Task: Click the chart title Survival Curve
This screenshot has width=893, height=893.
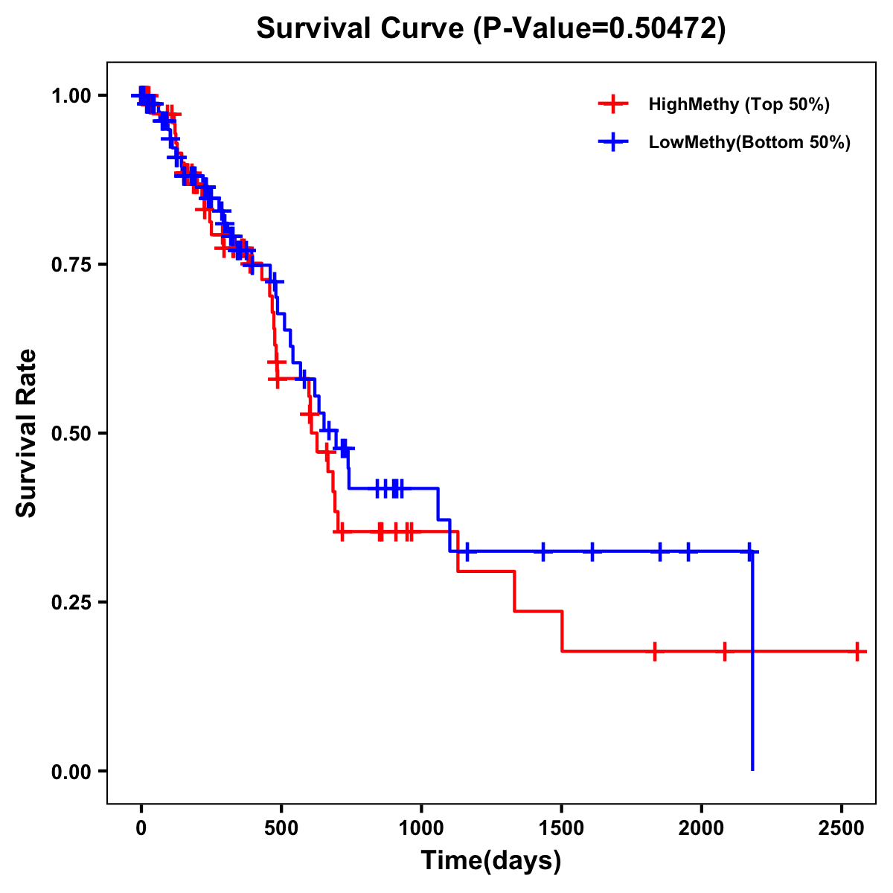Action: pyautogui.click(x=362, y=28)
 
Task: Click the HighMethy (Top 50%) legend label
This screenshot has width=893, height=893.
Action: pyautogui.click(x=739, y=104)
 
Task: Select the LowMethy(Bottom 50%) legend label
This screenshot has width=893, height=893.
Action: pyautogui.click(x=749, y=142)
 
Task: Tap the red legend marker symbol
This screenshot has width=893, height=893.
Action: pyautogui.click(x=613, y=104)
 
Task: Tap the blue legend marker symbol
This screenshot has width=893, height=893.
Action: pyautogui.click(x=613, y=142)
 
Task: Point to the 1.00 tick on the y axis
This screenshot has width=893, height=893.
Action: pyautogui.click(x=71, y=96)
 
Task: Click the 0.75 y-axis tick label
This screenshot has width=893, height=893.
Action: pyautogui.click(x=71, y=265)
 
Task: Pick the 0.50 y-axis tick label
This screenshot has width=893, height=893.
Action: pyautogui.click(x=71, y=433)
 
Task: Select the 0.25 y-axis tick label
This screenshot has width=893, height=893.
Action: pyautogui.click(x=71, y=602)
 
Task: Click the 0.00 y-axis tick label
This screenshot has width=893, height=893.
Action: pyautogui.click(x=71, y=772)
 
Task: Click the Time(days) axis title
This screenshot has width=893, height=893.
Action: pyautogui.click(x=491, y=861)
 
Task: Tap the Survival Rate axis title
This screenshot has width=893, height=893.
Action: pyautogui.click(x=27, y=433)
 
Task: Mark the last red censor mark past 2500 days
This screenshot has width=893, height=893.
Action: pyautogui.click(x=857, y=651)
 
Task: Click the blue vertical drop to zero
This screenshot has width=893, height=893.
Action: pyautogui.click(x=752, y=670)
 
